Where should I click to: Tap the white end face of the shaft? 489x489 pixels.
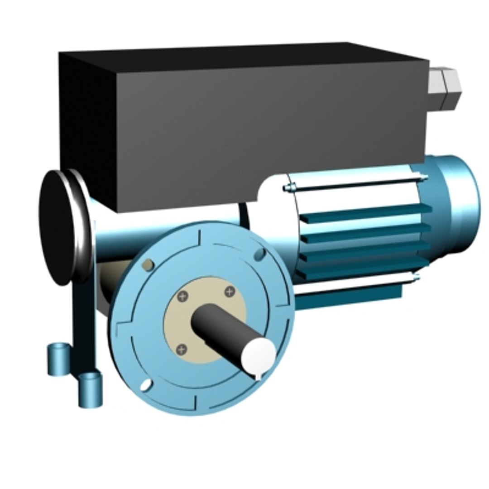point(258,355)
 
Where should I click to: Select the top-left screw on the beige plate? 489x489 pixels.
point(183,297)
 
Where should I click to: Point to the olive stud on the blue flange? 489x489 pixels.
point(147,265)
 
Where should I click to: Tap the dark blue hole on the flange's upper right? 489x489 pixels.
point(260,254)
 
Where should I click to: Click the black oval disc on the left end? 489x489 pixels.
point(56,229)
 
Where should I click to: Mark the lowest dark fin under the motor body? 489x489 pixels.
point(349,297)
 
